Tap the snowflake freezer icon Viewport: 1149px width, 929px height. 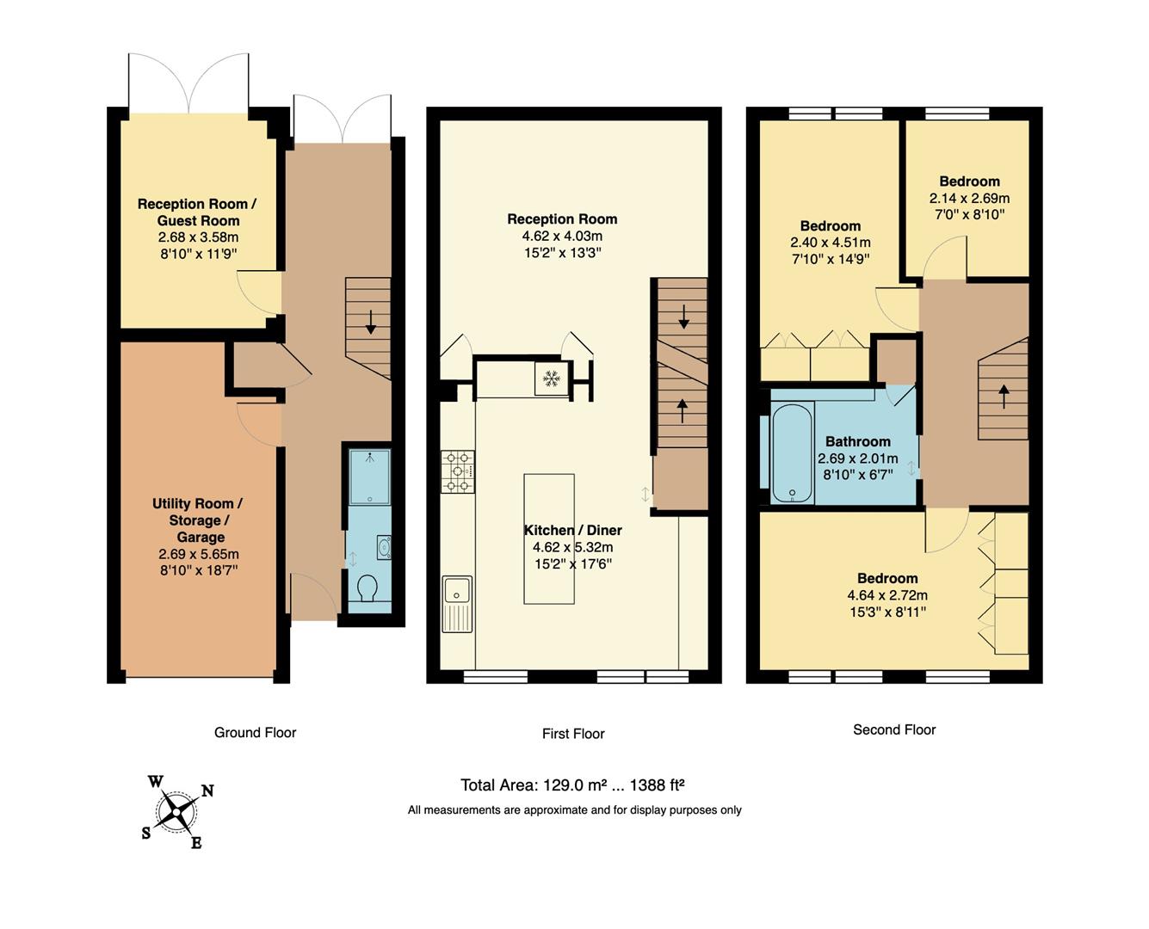[x=551, y=378]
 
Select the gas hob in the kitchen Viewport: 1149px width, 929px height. [x=458, y=472]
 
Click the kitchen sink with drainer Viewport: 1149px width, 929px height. [x=457, y=602]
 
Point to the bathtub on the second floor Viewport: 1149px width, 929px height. [x=792, y=454]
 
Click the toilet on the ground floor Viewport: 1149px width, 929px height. [x=368, y=589]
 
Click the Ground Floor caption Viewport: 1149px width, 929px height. [x=255, y=733]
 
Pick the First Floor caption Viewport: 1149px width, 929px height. [x=573, y=734]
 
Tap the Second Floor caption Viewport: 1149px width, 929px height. [x=894, y=729]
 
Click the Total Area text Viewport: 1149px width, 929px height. [x=572, y=784]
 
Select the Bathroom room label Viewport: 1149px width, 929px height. [x=857, y=441]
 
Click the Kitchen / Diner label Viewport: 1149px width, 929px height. [x=573, y=530]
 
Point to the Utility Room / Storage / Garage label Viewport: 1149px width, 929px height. [x=197, y=520]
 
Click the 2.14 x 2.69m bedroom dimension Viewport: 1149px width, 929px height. [x=969, y=198]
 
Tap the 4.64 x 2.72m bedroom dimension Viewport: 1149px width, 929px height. [x=887, y=595]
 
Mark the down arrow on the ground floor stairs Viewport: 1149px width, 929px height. [x=371, y=322]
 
